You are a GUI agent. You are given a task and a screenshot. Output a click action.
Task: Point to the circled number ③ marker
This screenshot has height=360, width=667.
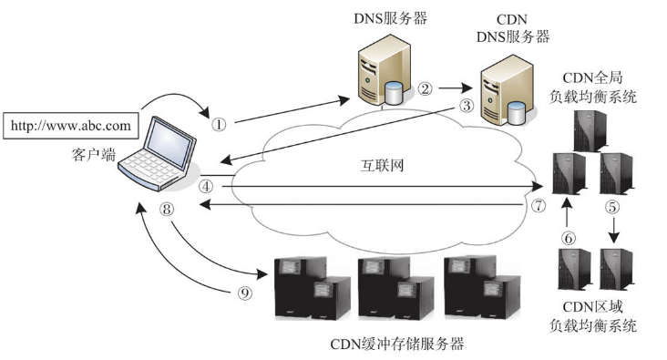click(467, 105)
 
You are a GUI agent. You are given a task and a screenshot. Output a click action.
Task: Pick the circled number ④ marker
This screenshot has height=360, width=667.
click(206, 185)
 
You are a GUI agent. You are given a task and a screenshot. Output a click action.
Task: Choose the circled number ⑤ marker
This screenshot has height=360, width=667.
click(612, 207)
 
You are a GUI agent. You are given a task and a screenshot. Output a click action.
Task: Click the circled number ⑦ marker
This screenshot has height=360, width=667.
click(539, 206)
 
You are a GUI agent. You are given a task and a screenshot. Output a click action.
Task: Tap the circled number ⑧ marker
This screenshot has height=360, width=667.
click(166, 209)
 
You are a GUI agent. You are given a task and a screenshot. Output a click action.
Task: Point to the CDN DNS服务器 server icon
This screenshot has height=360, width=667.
click(503, 91)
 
